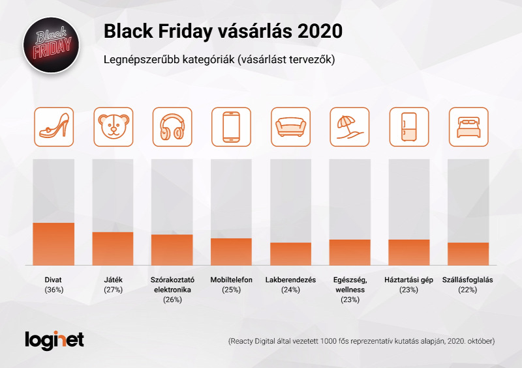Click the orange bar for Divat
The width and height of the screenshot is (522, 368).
(54, 244)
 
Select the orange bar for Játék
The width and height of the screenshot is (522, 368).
(113, 248)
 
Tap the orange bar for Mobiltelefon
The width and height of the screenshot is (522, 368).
(232, 251)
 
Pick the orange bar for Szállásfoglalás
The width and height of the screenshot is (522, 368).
(468, 253)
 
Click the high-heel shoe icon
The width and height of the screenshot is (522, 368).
(54, 126)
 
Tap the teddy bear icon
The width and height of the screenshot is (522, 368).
(113, 126)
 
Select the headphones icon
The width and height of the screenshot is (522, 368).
(172, 126)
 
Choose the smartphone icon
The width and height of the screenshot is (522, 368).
(232, 126)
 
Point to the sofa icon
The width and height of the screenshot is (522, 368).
(290, 126)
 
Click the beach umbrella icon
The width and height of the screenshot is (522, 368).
(350, 126)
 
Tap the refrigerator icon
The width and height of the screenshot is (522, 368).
(409, 126)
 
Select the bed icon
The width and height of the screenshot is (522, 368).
(468, 126)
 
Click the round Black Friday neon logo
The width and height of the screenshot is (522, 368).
(52, 45)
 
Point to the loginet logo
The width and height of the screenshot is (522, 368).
(55, 340)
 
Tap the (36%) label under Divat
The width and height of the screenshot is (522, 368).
(54, 290)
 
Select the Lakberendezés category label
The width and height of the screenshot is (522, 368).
(290, 280)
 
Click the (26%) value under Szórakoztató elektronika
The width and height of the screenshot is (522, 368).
(172, 300)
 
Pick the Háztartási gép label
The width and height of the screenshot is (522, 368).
(409, 280)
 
